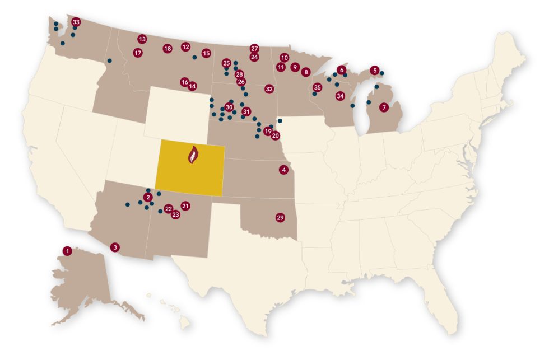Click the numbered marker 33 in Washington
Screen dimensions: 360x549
pyautogui.click(x=76, y=22)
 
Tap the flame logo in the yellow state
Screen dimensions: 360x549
pyautogui.click(x=193, y=155)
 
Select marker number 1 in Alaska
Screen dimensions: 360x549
pyautogui.click(x=67, y=251)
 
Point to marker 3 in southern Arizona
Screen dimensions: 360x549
pyautogui.click(x=115, y=247)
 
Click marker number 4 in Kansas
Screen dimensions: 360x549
pyautogui.click(x=284, y=170)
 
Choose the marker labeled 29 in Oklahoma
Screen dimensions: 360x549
pyautogui.click(x=281, y=217)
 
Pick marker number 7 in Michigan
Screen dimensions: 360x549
pyautogui.click(x=384, y=107)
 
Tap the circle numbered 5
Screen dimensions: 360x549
pyautogui.click(x=374, y=71)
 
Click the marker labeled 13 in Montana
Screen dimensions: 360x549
pyautogui.click(x=142, y=39)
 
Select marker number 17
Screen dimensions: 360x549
pyautogui.click(x=138, y=53)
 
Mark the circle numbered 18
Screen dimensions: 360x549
pyautogui.click(x=167, y=49)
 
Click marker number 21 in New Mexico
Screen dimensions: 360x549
pyautogui.click(x=185, y=206)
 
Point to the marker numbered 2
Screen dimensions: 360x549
pyautogui.click(x=148, y=197)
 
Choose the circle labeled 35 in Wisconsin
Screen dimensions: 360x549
pyautogui.click(x=317, y=87)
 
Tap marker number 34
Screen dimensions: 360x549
pyautogui.click(x=339, y=96)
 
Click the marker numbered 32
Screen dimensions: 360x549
pyautogui.click(x=269, y=88)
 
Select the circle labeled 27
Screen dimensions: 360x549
pyautogui.click(x=254, y=48)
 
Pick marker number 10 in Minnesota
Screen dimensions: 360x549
pyautogui.click(x=284, y=58)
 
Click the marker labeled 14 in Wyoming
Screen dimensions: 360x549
pyautogui.click(x=192, y=86)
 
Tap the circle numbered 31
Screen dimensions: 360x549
pyautogui.click(x=246, y=111)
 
